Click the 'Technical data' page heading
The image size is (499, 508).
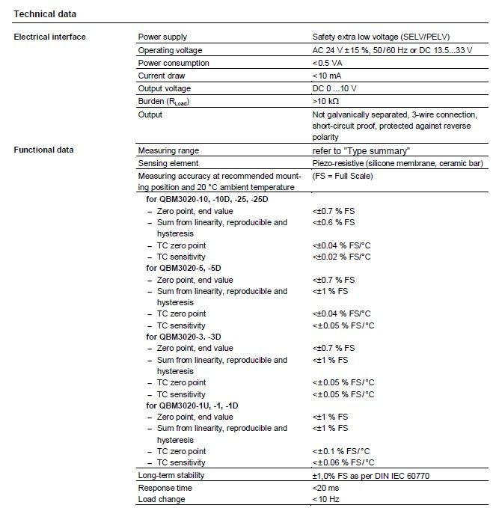click(x=45, y=13)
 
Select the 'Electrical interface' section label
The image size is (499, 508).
click(x=49, y=37)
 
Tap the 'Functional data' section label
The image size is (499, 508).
click(x=44, y=150)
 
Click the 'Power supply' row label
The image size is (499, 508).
click(x=162, y=37)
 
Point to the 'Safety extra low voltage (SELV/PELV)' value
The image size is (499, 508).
click(x=381, y=37)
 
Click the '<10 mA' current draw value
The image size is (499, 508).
click(x=328, y=76)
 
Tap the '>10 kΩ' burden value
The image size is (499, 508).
click(x=328, y=101)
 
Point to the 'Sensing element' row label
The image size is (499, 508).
click(x=168, y=163)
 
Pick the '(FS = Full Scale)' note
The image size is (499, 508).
click(x=343, y=176)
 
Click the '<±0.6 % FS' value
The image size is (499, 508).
click(x=333, y=222)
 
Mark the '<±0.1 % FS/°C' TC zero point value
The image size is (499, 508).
click(x=343, y=451)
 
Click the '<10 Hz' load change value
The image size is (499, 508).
click(x=326, y=499)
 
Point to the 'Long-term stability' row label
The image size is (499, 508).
click(x=171, y=476)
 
